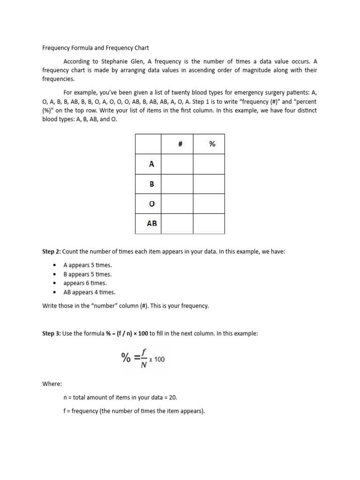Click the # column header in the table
(180, 144)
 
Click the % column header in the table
(212, 144)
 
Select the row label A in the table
(151, 164)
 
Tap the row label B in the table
(151, 184)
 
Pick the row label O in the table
(151, 204)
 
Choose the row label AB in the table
(152, 224)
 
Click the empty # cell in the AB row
(177, 224)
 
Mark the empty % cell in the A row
(209, 164)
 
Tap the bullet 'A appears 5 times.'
(88, 265)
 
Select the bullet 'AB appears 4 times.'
(89, 292)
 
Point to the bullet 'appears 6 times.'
(85, 283)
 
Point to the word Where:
(52, 384)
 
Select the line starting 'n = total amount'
(120, 397)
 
